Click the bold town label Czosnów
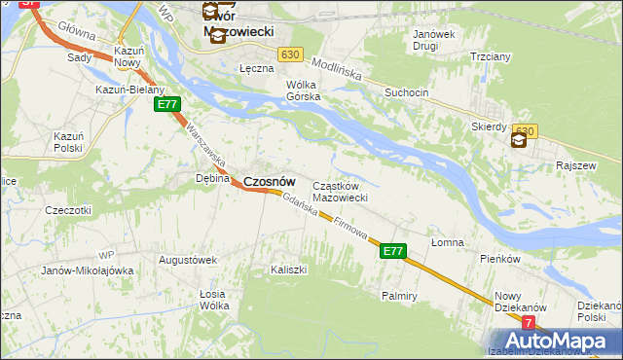(269, 181)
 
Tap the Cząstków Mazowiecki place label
(339, 192)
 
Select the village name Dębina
(212, 178)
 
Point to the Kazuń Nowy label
(128, 55)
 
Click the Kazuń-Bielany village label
(129, 90)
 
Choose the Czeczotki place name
(68, 209)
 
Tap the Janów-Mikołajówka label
(87, 270)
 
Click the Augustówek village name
(187, 260)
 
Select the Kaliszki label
(289, 269)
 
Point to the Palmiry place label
(400, 294)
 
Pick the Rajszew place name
(574, 165)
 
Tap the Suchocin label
(407, 93)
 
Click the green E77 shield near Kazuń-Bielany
(167, 104)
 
